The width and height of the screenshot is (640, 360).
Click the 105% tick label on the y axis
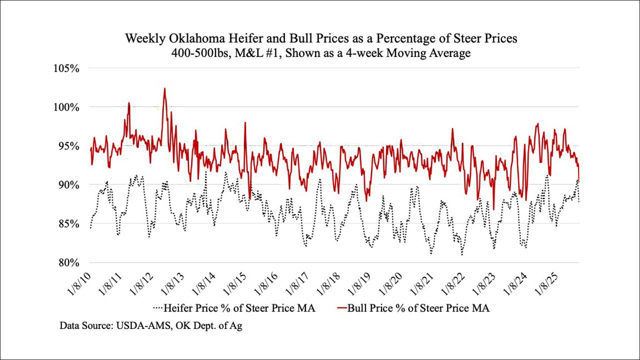click(66, 68)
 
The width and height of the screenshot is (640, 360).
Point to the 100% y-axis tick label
click(66, 107)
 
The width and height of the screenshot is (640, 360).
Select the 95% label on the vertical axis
click(68, 146)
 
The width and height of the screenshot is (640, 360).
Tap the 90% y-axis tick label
click(68, 185)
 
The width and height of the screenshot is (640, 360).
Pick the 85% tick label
click(68, 224)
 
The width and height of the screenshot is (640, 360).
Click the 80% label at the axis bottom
click(68, 263)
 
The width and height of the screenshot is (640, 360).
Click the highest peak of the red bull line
click(164, 88)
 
